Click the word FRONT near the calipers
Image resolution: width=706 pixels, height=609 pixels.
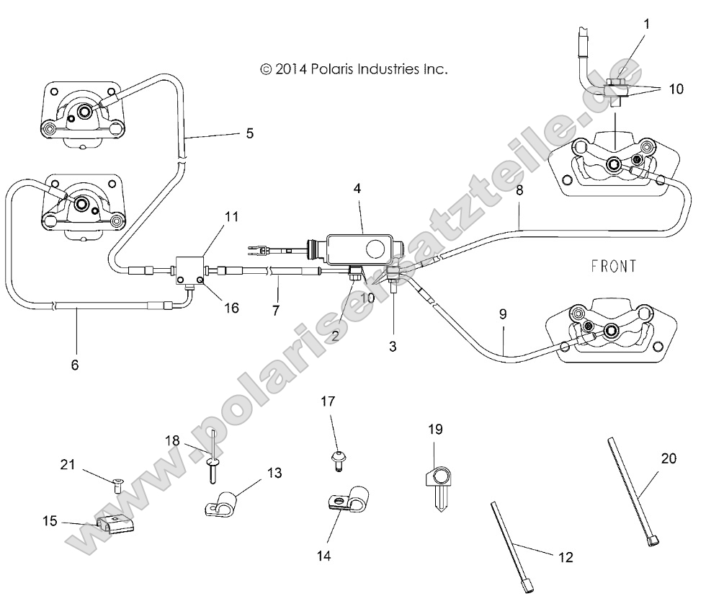point(613,266)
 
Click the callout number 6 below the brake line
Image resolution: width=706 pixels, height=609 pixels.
point(75,365)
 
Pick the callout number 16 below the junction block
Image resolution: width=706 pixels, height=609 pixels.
point(231,308)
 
